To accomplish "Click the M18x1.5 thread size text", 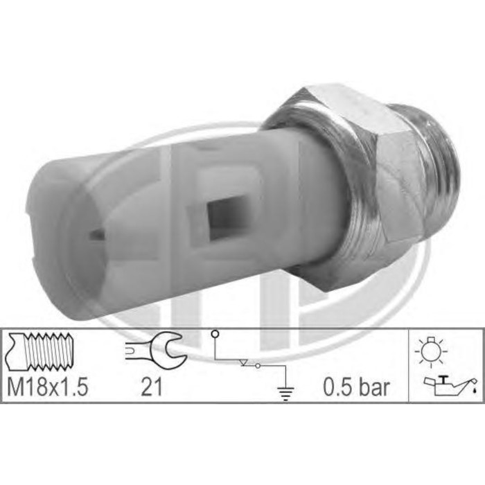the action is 48,387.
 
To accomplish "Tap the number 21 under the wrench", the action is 152,387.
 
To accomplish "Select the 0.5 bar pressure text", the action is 357,387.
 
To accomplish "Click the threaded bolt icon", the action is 40,351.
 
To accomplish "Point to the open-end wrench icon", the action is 156,350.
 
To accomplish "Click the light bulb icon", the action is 431,352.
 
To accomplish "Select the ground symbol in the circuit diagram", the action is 285,393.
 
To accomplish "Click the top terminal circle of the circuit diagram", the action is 215,334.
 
